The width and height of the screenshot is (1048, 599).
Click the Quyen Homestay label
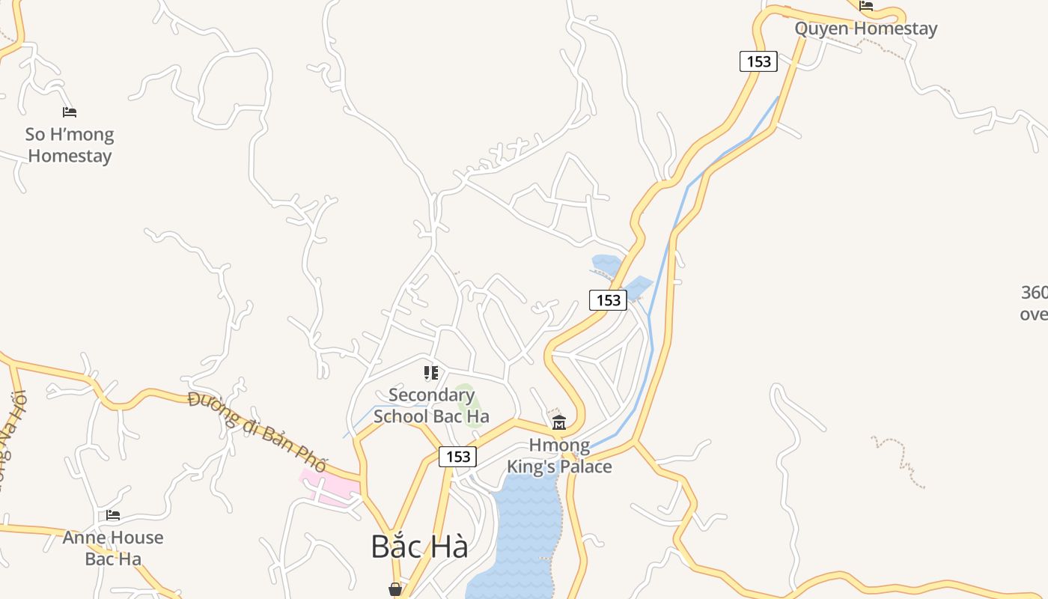pos(865,29)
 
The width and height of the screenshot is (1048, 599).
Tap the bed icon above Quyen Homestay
pos(866,6)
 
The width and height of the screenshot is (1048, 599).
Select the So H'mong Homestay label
pos(70,145)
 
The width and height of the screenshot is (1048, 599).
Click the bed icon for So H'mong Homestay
pos(70,112)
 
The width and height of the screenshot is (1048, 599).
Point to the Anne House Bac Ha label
pos(113,548)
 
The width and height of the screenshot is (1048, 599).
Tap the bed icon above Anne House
pos(113,515)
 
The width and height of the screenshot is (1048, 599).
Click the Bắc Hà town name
pos(419,547)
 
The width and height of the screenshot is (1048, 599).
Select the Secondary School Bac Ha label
pos(431,405)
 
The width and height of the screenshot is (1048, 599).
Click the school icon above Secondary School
pos(430,372)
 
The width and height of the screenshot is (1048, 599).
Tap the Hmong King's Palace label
pos(559,456)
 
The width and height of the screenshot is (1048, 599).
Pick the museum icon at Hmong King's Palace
pos(558,424)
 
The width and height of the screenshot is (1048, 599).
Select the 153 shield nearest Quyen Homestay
pos(758,61)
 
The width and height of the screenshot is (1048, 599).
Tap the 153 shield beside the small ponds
pos(608,300)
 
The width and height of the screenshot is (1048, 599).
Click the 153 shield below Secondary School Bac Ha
pos(457,457)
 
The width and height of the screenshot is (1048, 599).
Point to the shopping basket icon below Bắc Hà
pos(395,590)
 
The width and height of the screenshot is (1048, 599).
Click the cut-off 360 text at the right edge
pos(1035,302)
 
